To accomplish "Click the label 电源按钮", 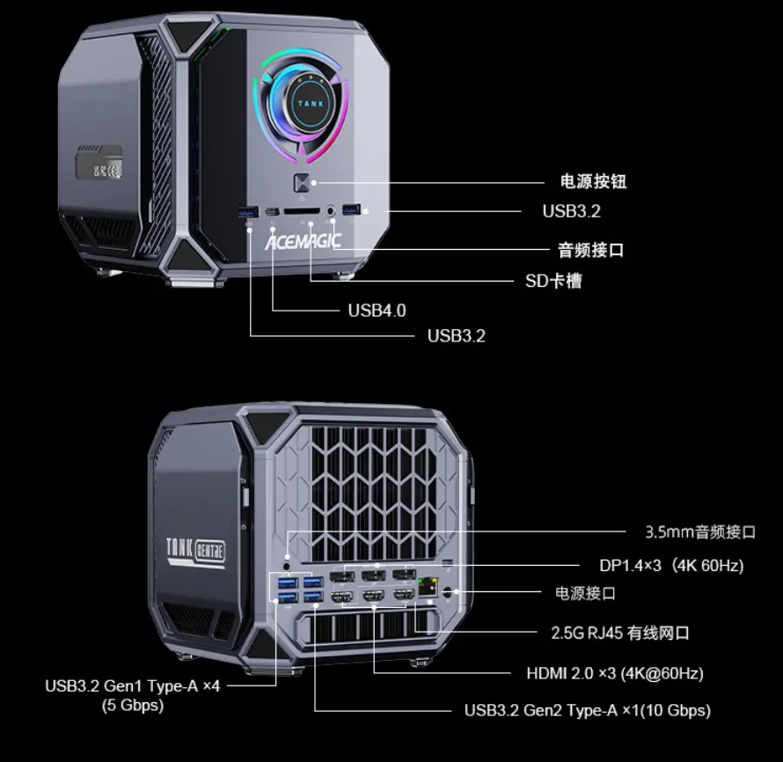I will [593, 182].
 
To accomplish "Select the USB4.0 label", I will [377, 310].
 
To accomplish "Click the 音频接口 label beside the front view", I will [591, 250].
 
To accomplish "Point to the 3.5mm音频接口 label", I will [700, 531].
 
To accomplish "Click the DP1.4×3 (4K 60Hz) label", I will [671, 566].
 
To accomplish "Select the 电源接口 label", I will [586, 593].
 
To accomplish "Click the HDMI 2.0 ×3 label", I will [615, 673].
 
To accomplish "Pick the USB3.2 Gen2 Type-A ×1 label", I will [588, 710].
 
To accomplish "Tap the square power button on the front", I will [302, 184].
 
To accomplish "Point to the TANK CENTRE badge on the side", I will [196, 552].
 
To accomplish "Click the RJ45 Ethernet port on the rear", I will [429, 587].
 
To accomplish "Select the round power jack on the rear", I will [450, 592].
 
